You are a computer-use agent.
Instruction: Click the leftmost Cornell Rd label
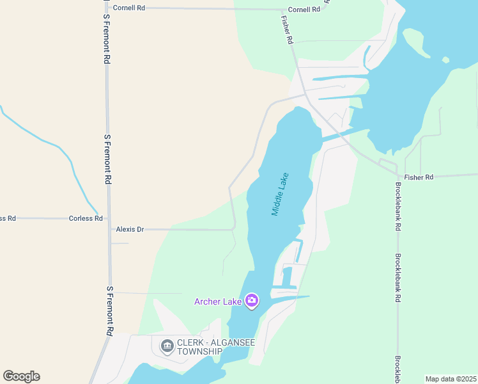tap(131, 8)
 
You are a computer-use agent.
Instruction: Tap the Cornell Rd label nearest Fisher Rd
tap(304, 10)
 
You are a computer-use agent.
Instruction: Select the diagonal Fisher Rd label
tap(286, 30)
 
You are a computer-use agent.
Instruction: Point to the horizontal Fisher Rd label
tap(419, 177)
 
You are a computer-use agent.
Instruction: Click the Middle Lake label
tap(281, 193)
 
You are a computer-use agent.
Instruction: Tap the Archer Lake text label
tap(218, 301)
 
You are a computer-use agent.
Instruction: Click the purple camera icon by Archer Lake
tap(252, 300)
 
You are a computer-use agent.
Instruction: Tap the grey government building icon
tap(167, 346)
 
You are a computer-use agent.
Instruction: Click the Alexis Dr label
tap(130, 228)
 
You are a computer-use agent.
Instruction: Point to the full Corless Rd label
tap(86, 218)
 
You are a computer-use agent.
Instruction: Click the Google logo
tap(21, 376)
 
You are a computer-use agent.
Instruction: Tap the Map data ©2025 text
tap(451, 379)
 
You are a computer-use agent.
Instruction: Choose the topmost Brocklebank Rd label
tap(397, 207)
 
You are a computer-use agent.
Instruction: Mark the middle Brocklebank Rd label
tap(397, 278)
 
